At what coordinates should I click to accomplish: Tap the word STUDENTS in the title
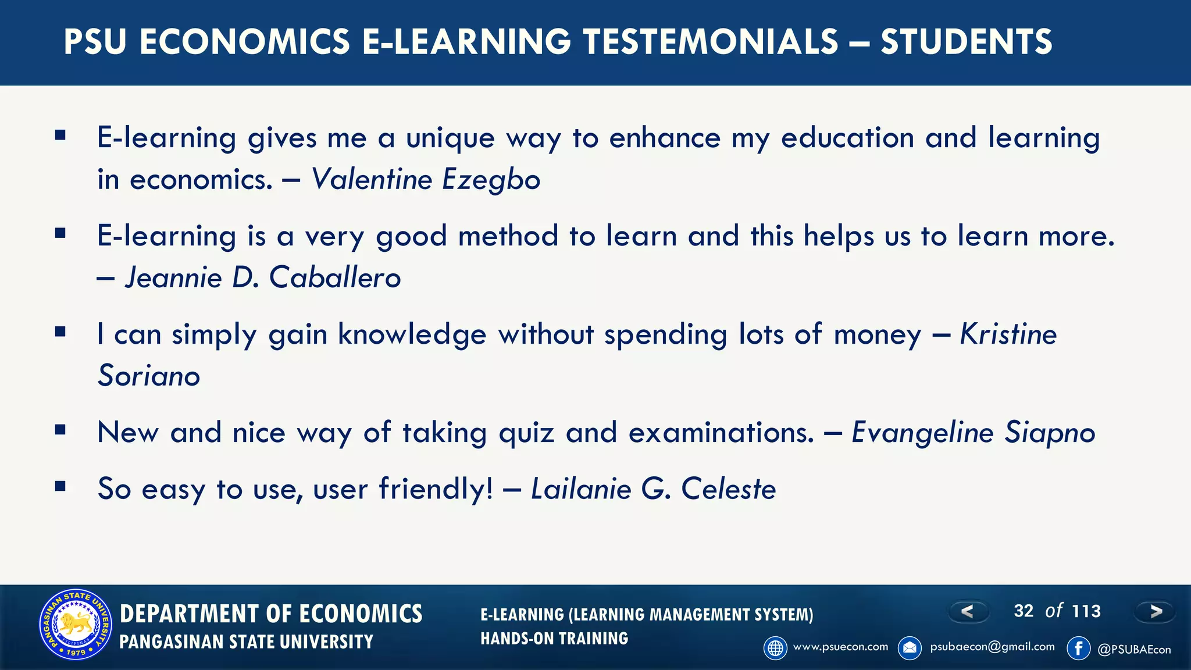tap(966, 42)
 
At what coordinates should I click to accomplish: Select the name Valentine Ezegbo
tap(426, 179)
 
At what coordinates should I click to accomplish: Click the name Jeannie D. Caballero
tap(263, 277)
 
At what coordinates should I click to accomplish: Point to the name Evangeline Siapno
tap(973, 433)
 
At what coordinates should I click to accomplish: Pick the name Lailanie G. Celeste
tap(653, 489)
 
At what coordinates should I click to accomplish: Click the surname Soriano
tap(149, 376)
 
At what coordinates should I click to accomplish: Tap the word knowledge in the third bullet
tap(412, 334)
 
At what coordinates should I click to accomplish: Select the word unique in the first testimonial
tap(450, 138)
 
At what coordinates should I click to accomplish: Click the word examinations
tap(721, 433)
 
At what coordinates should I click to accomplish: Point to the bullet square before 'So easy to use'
tap(60, 486)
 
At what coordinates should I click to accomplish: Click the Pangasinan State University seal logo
tap(76, 625)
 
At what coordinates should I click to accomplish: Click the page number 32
tap(1024, 611)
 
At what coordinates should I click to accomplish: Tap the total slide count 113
tap(1086, 611)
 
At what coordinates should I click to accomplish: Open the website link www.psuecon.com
tap(840, 647)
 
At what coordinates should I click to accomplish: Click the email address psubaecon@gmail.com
tap(992, 647)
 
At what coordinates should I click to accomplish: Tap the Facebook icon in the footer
tap(1078, 648)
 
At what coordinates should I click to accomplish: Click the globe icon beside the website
tap(775, 648)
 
